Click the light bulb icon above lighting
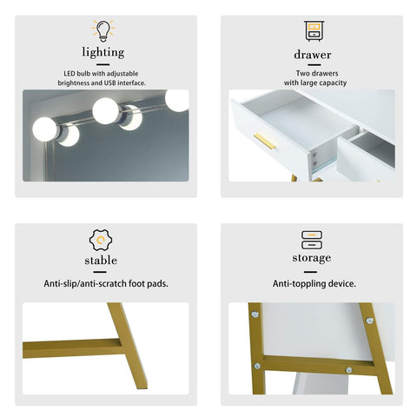(x=103, y=31)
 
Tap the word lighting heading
(x=103, y=53)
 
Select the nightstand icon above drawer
(x=313, y=31)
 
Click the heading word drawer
(x=313, y=54)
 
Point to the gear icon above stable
(x=102, y=240)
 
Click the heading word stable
(x=102, y=260)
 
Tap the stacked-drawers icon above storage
(x=311, y=240)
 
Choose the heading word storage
(x=311, y=258)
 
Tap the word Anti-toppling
(x=297, y=284)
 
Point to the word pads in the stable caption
(x=158, y=284)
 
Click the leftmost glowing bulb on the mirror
(x=45, y=130)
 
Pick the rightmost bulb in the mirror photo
(x=177, y=100)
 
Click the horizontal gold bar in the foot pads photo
(x=69, y=347)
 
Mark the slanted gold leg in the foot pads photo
(x=129, y=346)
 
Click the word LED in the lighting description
(x=70, y=74)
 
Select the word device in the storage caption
(x=341, y=284)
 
